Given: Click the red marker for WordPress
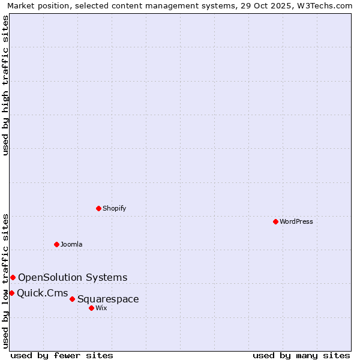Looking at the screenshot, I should coord(275,221).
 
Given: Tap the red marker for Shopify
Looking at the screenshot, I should coord(98,208).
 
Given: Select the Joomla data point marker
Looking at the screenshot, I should coord(56,244).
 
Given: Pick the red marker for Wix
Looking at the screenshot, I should coord(91,308).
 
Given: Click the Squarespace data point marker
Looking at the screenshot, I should coord(72,299).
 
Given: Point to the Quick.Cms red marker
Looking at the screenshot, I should coord(11,293).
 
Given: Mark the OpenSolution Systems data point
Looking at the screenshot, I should coord(13,277).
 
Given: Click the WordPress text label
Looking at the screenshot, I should coord(296,221).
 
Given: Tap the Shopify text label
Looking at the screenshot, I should coord(114,208).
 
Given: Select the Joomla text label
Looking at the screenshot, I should coord(71,244).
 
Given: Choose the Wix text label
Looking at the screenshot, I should coord(101,308).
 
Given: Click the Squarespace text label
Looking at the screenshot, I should coord(108,299).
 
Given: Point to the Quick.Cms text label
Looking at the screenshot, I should coord(42,293).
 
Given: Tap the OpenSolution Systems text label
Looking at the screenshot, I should coord(73,277).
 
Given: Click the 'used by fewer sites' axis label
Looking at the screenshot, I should coord(62,355).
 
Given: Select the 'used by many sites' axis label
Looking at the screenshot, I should coord(301,355).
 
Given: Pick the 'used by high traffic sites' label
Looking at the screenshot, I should coord(5,86).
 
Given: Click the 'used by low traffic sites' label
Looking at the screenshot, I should coord(5,280).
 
